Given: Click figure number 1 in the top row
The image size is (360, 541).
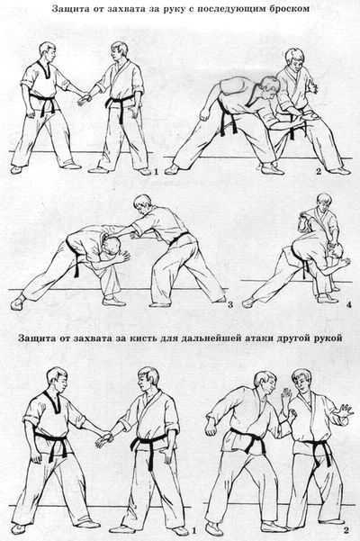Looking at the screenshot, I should (x=156, y=170).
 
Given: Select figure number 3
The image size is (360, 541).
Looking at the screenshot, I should (x=230, y=306).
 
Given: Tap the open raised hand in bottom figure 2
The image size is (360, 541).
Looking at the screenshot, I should (x=341, y=417).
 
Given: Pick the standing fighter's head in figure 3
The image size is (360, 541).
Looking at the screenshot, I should (x=141, y=205).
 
